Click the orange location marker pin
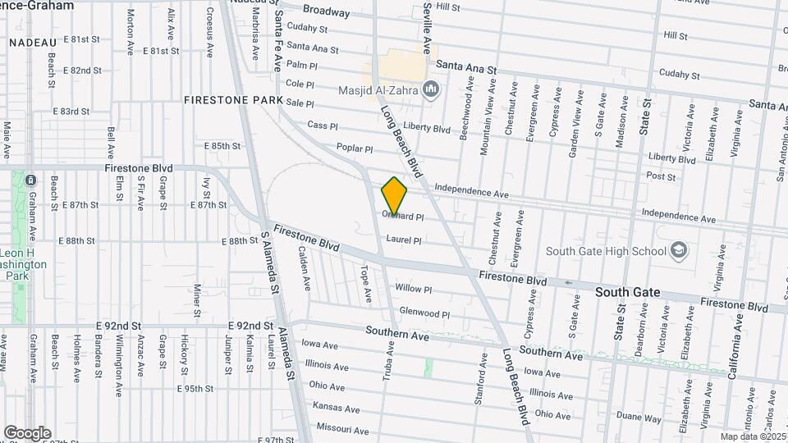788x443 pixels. (x=394, y=195)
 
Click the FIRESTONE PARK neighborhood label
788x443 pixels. (x=233, y=100)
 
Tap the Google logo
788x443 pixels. (x=27, y=432)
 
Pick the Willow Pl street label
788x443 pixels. (x=414, y=289)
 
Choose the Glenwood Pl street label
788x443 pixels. (x=424, y=313)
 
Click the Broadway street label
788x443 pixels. (x=326, y=11)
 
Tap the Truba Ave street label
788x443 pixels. (x=389, y=360)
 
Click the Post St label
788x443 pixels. (x=661, y=176)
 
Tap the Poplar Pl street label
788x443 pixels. (x=355, y=148)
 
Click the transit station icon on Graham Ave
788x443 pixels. (x=30, y=180)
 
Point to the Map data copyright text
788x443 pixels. (x=751, y=436)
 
